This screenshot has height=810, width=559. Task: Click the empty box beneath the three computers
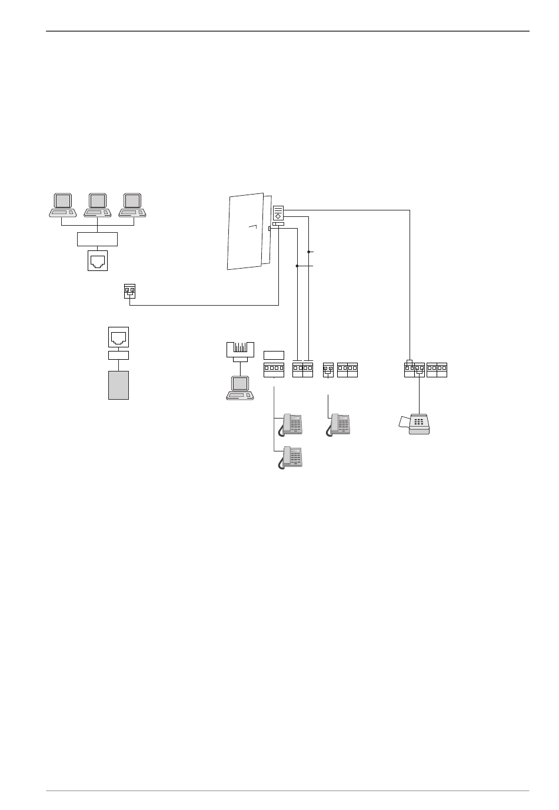click(x=97, y=239)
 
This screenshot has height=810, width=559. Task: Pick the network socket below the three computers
click(x=97, y=260)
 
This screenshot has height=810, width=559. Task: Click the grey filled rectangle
click(x=118, y=385)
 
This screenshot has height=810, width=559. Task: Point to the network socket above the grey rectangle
click(x=118, y=337)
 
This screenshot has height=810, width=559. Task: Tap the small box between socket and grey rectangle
click(x=118, y=355)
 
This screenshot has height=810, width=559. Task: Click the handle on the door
click(x=254, y=226)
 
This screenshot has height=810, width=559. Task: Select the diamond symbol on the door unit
click(x=278, y=216)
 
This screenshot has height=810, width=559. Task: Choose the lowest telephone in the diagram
click(x=291, y=457)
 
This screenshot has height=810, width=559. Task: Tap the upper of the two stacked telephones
click(x=291, y=424)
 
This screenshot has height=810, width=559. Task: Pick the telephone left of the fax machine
click(x=340, y=424)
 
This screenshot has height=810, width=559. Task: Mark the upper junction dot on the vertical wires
click(x=309, y=252)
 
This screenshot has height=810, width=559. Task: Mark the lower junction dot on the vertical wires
click(x=297, y=266)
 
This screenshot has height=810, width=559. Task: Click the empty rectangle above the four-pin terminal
click(x=274, y=354)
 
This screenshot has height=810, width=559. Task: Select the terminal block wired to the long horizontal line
click(x=129, y=290)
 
